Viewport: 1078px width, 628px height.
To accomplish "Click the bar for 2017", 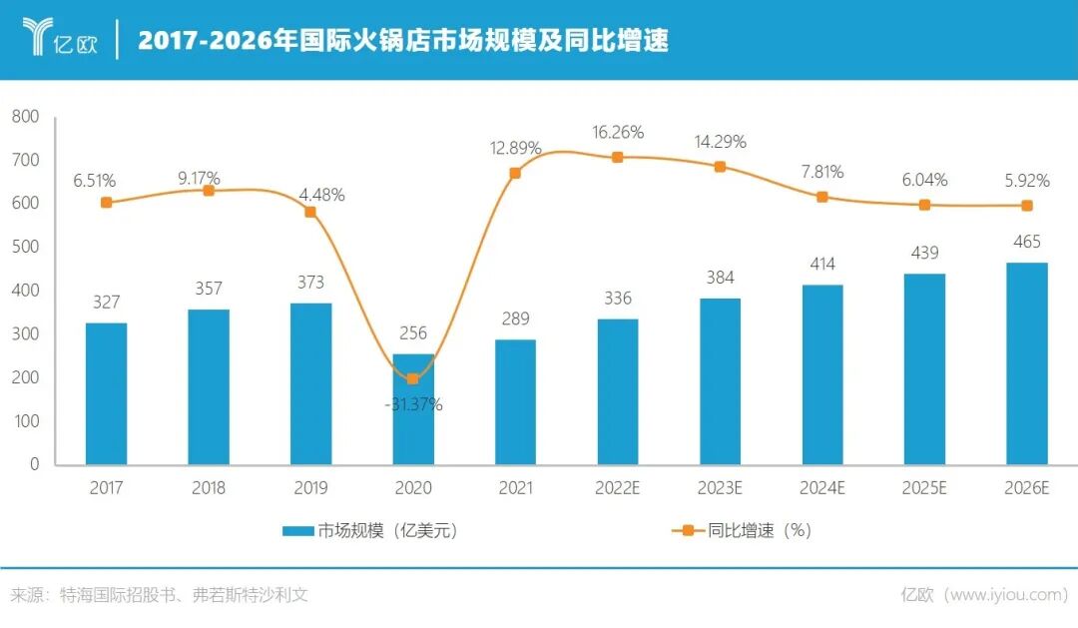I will [106, 393].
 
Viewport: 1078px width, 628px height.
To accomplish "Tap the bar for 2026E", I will [1027, 363].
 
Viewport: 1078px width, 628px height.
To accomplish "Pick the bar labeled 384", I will [720, 381].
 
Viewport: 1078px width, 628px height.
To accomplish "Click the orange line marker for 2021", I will [515, 173].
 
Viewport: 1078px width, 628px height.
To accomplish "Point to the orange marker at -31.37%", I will [412, 378].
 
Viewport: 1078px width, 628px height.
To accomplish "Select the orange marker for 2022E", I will [617, 157].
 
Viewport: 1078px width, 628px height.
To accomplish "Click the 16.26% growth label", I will [618, 132].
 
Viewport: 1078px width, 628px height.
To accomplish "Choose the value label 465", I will [1027, 242].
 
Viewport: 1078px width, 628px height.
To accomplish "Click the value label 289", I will [515, 318].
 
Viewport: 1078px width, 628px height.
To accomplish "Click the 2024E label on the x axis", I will [821, 488].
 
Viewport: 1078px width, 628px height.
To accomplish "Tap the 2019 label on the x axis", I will [310, 488].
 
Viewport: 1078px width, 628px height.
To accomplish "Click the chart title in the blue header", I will [402, 40].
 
